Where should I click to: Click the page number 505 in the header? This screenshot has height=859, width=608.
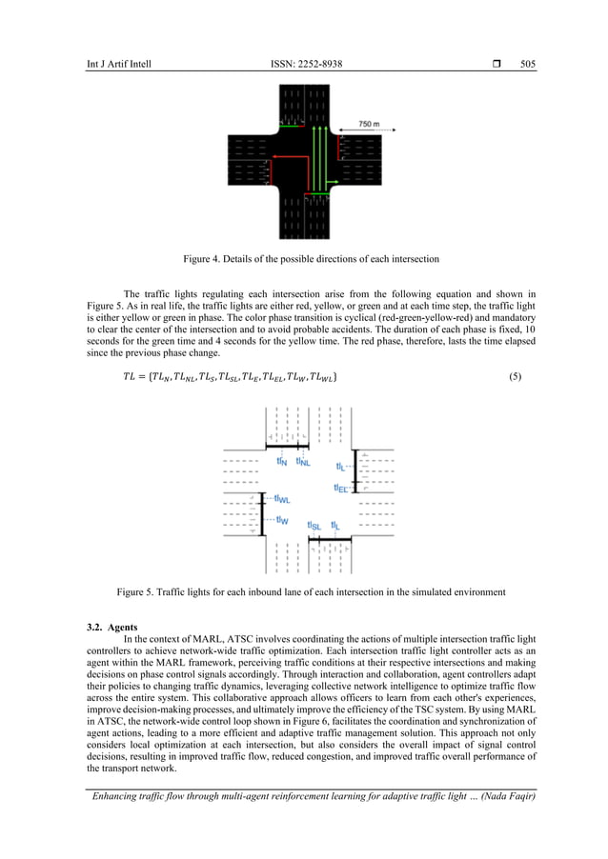[x=528, y=64]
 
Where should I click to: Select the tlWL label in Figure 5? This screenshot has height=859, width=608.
[x=282, y=498]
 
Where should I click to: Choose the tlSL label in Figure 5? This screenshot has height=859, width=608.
[x=314, y=525]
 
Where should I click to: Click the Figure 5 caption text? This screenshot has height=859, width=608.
[x=311, y=592]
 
